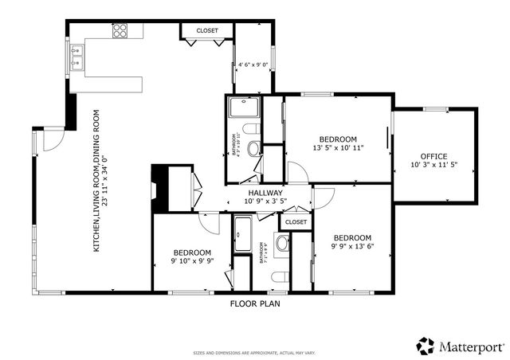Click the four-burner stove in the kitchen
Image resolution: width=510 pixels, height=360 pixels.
pyautogui.click(x=120, y=31)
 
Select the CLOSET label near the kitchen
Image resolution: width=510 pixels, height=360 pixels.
pyautogui.click(x=207, y=30)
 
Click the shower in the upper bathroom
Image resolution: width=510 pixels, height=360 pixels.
pyautogui.click(x=241, y=108)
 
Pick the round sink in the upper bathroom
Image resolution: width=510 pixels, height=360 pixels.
pyautogui.click(x=254, y=147)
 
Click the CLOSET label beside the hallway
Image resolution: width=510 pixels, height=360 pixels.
pyautogui.click(x=296, y=222)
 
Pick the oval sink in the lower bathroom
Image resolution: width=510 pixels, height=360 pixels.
pyautogui.click(x=282, y=242)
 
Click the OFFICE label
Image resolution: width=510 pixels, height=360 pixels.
pyautogui.click(x=433, y=155)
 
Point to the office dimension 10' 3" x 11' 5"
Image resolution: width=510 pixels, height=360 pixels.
pyautogui.click(x=433, y=165)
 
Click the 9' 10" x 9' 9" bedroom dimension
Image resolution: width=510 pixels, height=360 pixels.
pyautogui.click(x=192, y=260)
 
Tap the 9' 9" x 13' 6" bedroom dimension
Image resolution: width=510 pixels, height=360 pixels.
pyautogui.click(x=352, y=247)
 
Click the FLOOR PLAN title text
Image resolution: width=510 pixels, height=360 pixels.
pyautogui.click(x=255, y=303)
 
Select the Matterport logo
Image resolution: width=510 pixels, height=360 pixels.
pyautogui.click(x=460, y=346)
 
